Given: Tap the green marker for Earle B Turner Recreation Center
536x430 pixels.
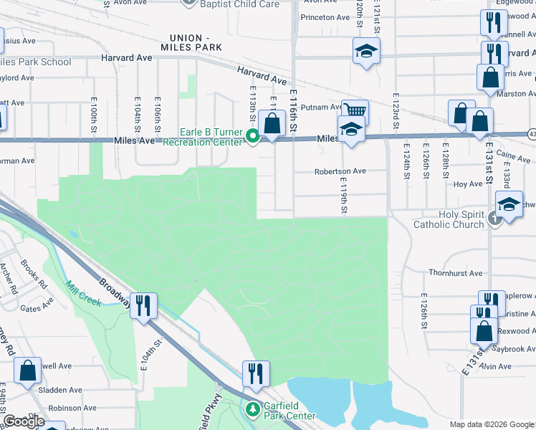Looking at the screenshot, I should tap(252, 135).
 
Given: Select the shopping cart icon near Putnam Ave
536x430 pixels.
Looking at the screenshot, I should tap(355, 110).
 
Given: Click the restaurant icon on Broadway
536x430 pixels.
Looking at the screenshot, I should tap(143, 306).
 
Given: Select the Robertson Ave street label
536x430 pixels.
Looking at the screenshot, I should tap(340, 171).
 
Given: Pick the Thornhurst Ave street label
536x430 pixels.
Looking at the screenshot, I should tap(456, 273).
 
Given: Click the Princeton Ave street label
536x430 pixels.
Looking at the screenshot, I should tap(325, 17).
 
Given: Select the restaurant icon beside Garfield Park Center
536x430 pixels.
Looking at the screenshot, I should tap(255, 373).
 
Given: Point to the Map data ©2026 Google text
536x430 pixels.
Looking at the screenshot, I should tap(490, 424).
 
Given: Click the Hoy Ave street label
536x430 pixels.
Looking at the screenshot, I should tap(468, 184).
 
